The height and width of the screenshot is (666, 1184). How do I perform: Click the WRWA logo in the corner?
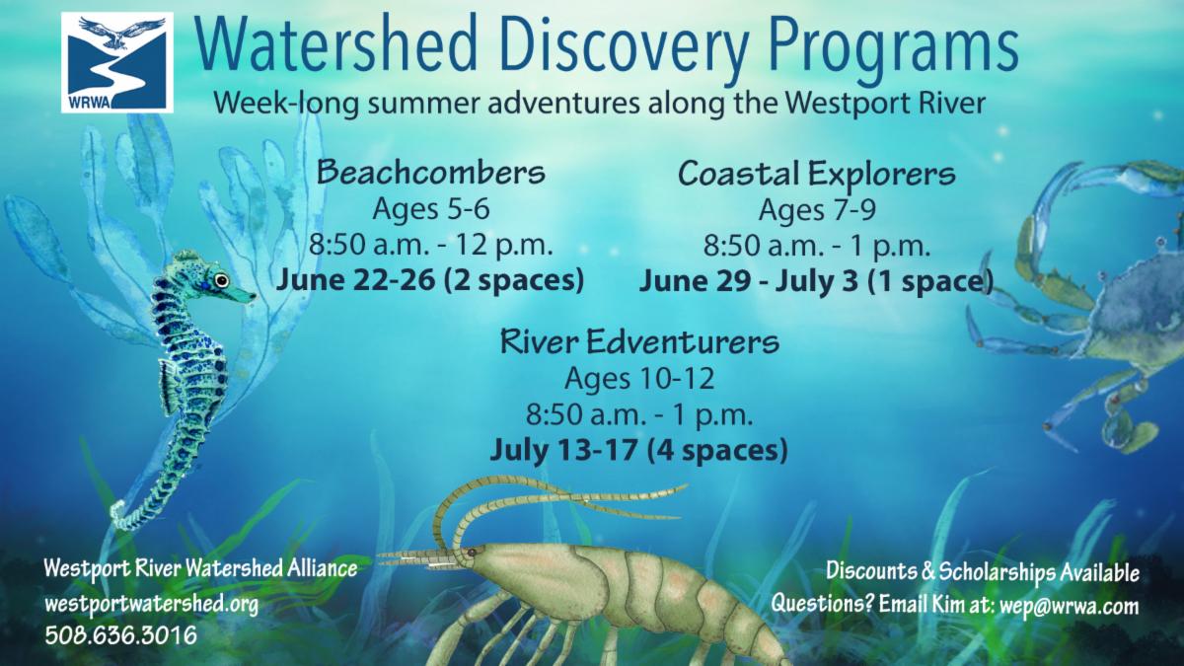point(116,62)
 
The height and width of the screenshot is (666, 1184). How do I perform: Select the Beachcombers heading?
point(431,173)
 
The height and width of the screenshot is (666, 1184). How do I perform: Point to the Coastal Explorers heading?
point(817,175)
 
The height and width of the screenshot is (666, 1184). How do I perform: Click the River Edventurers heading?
point(639,341)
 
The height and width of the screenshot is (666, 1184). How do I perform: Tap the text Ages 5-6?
point(431,209)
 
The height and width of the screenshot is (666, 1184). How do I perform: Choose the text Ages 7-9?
point(817,210)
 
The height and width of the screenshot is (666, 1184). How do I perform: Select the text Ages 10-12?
point(639,379)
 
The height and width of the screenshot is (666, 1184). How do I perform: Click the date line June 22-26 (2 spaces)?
point(430,280)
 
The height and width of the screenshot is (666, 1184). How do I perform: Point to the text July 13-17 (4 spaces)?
point(639,450)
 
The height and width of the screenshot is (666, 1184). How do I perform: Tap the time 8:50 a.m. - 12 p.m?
point(431,246)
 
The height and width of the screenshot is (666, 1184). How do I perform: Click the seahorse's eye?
point(221,279)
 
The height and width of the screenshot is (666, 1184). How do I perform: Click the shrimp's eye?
point(471,553)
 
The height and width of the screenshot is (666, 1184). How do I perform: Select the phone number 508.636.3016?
point(121,634)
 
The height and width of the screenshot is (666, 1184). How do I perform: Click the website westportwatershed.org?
point(152,604)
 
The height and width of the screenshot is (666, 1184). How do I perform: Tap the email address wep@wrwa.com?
point(1069,606)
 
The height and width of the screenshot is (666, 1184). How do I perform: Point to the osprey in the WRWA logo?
point(121,32)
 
